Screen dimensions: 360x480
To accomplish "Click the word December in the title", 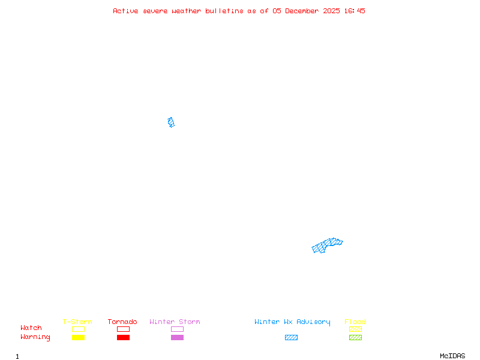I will [304, 11].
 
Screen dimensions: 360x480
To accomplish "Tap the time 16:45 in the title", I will [355, 11].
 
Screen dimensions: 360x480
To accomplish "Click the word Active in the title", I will [125, 11].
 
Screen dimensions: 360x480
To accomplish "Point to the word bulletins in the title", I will [224, 11].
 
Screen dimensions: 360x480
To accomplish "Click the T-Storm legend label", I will [77, 322].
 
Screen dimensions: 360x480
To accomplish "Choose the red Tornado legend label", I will [122, 322].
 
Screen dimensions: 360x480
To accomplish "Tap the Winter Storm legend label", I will [175, 322].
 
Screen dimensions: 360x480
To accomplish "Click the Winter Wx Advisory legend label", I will [292, 322].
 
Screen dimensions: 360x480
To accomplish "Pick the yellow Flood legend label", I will [355, 322].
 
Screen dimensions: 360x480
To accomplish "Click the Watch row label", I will [31, 328].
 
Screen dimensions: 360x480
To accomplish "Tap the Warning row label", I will [35, 337].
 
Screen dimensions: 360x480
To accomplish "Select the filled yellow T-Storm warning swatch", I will [78, 338].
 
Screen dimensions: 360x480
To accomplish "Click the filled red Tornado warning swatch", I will [123, 338].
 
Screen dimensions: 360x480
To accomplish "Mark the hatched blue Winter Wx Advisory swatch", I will [291, 338].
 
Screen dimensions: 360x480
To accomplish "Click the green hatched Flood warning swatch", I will [355, 338].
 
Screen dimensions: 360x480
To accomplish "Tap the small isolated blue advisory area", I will [171, 122].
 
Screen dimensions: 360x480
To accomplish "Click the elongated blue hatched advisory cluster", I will [327, 245].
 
